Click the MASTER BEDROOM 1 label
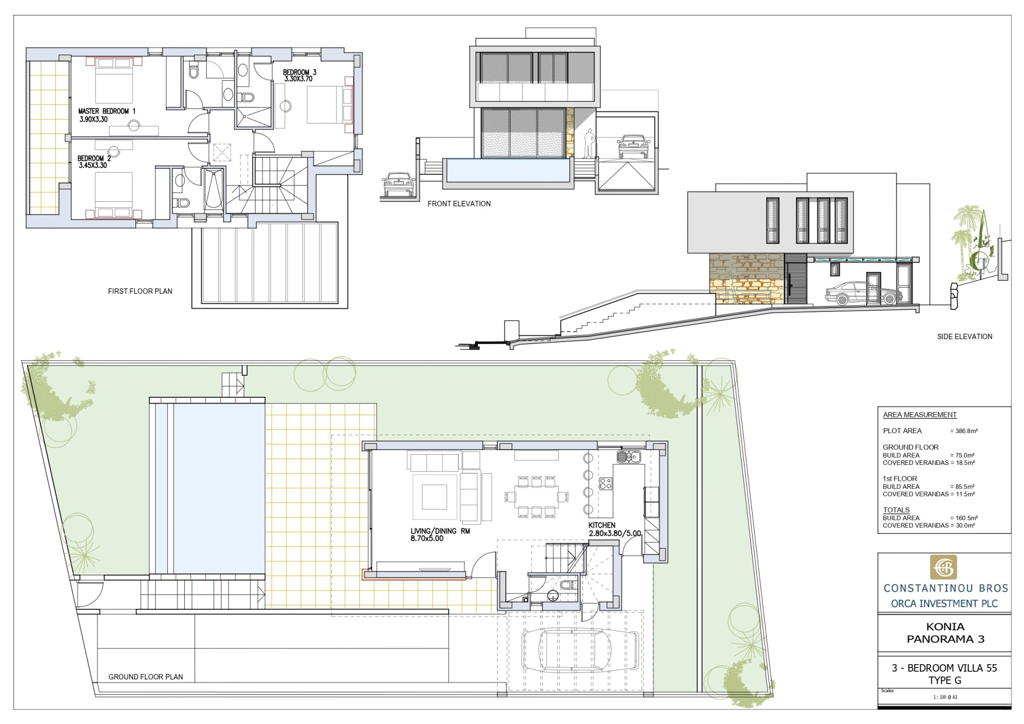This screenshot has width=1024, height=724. tap(107, 111)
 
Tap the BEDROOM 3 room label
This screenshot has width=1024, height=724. tap(300, 72)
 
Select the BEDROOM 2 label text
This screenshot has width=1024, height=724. tap(94, 159)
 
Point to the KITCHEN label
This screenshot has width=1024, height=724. tap(602, 525)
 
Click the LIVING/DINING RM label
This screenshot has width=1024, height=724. tap(440, 531)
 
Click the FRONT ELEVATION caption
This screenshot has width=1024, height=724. tap(459, 204)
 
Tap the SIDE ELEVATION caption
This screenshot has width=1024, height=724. tap(965, 336)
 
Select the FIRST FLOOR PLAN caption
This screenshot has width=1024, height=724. tap(140, 291)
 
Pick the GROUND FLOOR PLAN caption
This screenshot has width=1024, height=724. tap(145, 677)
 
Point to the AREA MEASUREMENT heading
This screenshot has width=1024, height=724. tap(920, 415)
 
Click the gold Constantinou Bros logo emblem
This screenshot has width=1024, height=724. tap(943, 567)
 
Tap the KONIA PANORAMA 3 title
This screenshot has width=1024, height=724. tap(946, 633)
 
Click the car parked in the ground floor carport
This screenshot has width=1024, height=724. tap(580, 650)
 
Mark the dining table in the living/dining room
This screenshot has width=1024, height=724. tap(536, 496)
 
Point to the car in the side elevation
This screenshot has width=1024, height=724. tap(863, 293)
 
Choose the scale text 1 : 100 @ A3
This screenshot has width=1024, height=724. tap(945, 697)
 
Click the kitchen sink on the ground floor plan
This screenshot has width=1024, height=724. tap(628, 456)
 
